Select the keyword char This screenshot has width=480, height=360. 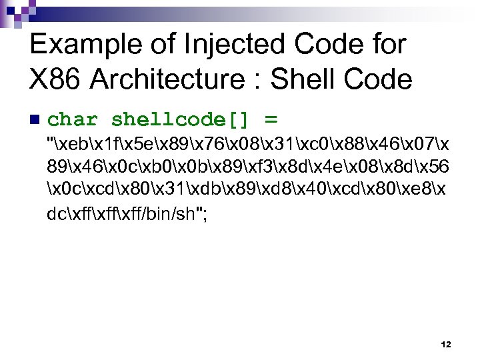[x=73, y=120]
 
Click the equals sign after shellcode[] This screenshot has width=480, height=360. [x=270, y=120]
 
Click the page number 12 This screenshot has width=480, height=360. [x=446, y=345]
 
